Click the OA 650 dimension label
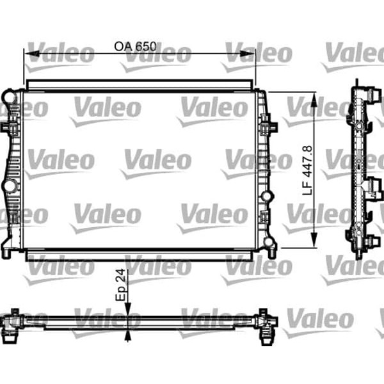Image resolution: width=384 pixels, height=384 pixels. click(x=136, y=47)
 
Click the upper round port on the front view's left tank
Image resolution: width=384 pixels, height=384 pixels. click(x=8, y=97)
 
